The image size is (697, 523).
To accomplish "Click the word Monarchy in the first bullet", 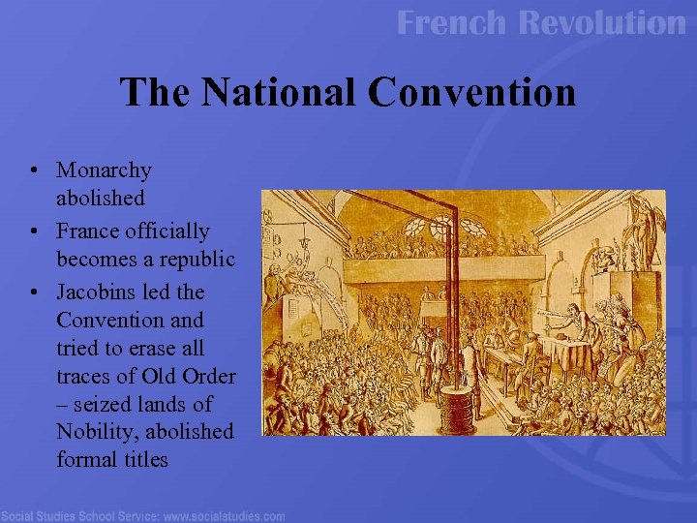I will coord(104,170).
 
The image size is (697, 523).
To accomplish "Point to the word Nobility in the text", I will coord(95,431).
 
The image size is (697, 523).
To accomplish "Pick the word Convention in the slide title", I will coord(471,93).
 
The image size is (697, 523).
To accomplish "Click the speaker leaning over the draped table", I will coord(576,315).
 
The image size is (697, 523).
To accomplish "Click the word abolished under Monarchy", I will coord(101,199).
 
